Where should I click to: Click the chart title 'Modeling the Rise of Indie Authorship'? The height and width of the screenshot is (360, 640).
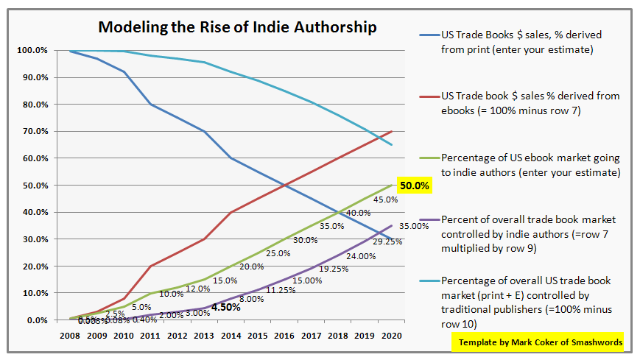coord(238,28)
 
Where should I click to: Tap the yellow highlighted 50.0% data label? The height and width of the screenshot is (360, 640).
coord(413,186)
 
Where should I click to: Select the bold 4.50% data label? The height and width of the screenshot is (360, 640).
coord(225,307)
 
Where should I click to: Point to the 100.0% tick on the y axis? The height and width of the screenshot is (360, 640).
coord(32,51)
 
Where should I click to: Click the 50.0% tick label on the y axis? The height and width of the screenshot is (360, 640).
coord(34,186)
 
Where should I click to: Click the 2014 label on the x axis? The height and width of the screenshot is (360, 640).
coord(231,334)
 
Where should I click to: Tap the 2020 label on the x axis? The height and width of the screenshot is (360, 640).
coord(391,334)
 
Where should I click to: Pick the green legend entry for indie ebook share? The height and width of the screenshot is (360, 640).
coord(530,164)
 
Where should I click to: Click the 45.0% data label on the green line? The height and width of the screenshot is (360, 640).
coord(384,200)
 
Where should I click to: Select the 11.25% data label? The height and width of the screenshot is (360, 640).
coord(279,289)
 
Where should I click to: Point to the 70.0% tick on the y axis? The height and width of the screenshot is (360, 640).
coord(34,132)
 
